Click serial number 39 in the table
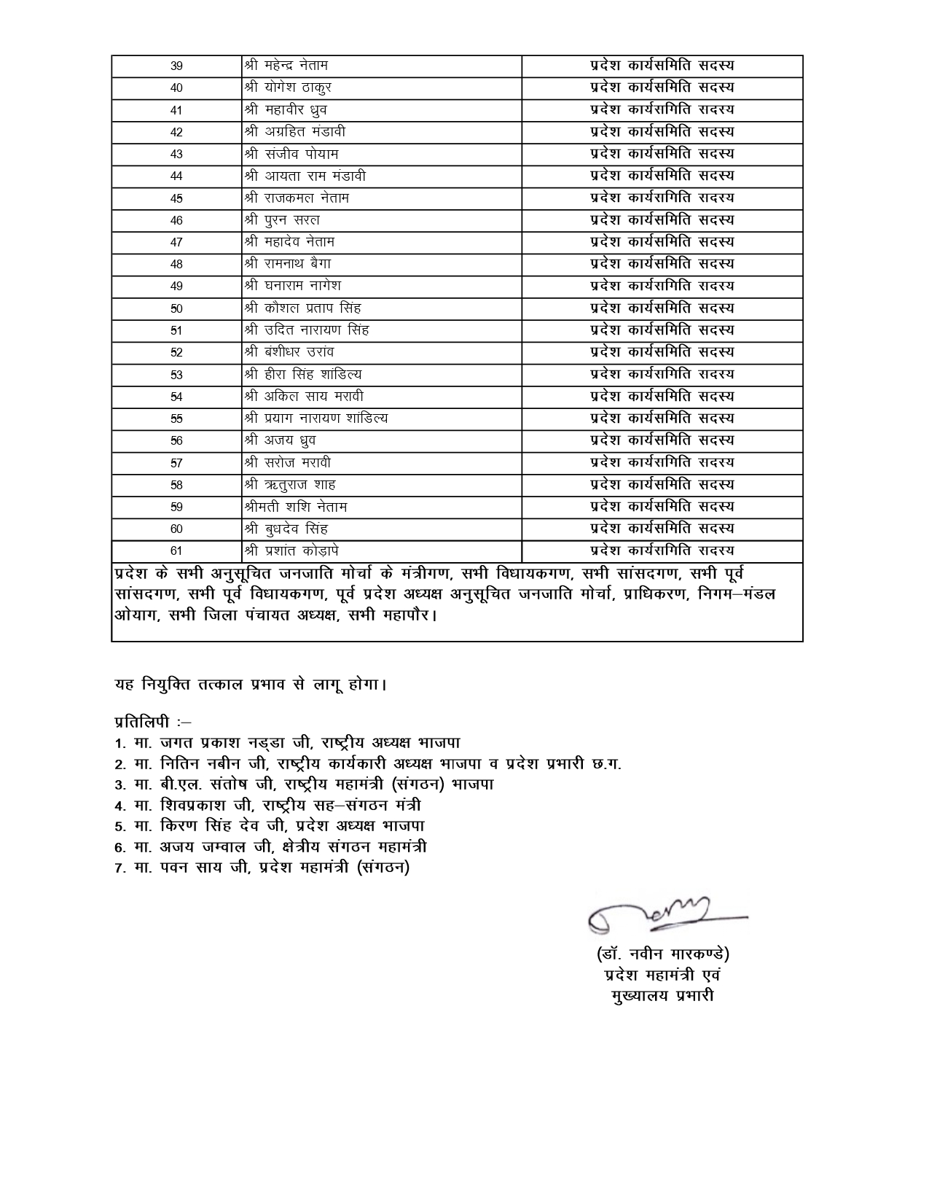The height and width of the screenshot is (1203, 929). click(x=176, y=66)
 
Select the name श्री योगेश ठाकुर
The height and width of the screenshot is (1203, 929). click(x=289, y=88)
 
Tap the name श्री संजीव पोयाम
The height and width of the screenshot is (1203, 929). click(x=291, y=154)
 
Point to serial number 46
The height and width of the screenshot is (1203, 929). click(x=176, y=220)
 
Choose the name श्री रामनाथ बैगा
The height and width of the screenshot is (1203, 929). click(x=289, y=264)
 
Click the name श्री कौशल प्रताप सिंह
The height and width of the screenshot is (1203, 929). click(x=303, y=308)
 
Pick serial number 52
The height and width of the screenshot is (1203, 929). click(x=176, y=353)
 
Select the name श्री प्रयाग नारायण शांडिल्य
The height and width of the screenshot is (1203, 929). click(x=316, y=418)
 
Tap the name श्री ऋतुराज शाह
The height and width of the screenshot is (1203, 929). click(x=290, y=485)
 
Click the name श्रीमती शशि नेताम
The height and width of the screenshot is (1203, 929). click(x=296, y=507)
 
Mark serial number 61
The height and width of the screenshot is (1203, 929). click(x=176, y=551)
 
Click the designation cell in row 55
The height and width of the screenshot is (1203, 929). click(x=662, y=418)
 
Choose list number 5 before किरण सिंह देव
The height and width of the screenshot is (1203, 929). click(x=120, y=827)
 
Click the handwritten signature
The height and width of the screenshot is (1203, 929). click(x=659, y=914)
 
